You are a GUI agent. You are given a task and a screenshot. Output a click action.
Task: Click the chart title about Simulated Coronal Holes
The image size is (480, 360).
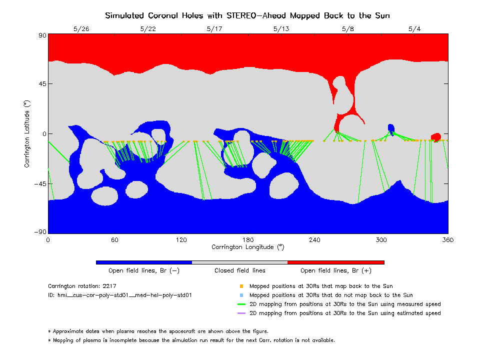[x=247, y=15]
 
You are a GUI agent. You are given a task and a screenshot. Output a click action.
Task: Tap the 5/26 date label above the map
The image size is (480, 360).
[x=81, y=29]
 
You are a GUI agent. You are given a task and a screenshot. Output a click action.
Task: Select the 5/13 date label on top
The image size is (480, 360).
[x=281, y=29]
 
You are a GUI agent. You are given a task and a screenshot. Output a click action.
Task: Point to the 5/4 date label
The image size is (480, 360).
[x=414, y=29]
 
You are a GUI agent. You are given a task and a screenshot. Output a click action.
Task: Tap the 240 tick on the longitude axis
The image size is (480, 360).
[x=314, y=240]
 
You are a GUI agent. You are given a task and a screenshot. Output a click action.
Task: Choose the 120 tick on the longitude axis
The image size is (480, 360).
[x=181, y=240]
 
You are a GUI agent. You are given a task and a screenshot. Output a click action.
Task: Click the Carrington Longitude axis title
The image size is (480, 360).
[x=247, y=247]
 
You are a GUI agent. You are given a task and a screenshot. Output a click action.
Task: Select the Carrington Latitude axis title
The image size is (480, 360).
[x=27, y=133]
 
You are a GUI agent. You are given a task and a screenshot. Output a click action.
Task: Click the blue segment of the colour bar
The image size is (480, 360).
[x=144, y=262]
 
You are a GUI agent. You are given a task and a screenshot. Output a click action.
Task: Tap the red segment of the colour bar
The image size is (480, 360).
[x=336, y=262]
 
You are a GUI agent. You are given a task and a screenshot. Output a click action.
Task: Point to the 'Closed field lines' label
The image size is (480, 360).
[x=240, y=270]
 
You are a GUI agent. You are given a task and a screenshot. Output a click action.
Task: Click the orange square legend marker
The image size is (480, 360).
[x=241, y=286]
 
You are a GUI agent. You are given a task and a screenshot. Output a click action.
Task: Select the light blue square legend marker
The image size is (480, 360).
[x=241, y=295]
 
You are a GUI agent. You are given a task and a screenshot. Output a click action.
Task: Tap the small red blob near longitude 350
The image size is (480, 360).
[x=436, y=136]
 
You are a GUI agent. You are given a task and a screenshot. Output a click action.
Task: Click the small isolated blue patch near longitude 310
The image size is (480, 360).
[x=391, y=128]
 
